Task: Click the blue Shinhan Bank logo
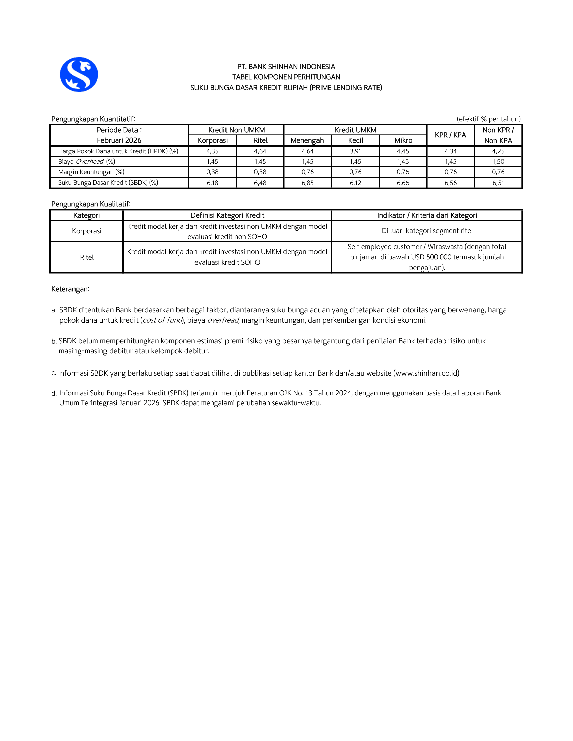click(x=79, y=74)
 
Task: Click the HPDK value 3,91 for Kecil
click(x=355, y=151)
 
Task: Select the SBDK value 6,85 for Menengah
click(x=307, y=183)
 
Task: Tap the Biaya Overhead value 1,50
click(x=498, y=161)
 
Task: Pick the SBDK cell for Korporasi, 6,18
click(x=212, y=183)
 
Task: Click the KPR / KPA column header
click(x=450, y=135)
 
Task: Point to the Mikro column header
click(x=403, y=140)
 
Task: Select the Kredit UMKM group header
click(x=355, y=130)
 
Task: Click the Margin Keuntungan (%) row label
click(x=91, y=172)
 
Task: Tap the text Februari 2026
click(x=119, y=140)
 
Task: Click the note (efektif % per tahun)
click(x=488, y=119)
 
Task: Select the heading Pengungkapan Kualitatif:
click(x=91, y=204)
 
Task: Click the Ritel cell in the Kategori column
click(x=87, y=257)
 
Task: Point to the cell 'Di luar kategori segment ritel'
click(x=427, y=231)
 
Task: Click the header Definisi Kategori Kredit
click(x=227, y=215)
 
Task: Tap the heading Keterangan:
click(x=70, y=289)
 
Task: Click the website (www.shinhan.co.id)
click(x=426, y=373)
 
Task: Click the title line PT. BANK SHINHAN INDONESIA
click(x=286, y=66)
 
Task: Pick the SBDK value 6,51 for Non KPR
click(x=498, y=183)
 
